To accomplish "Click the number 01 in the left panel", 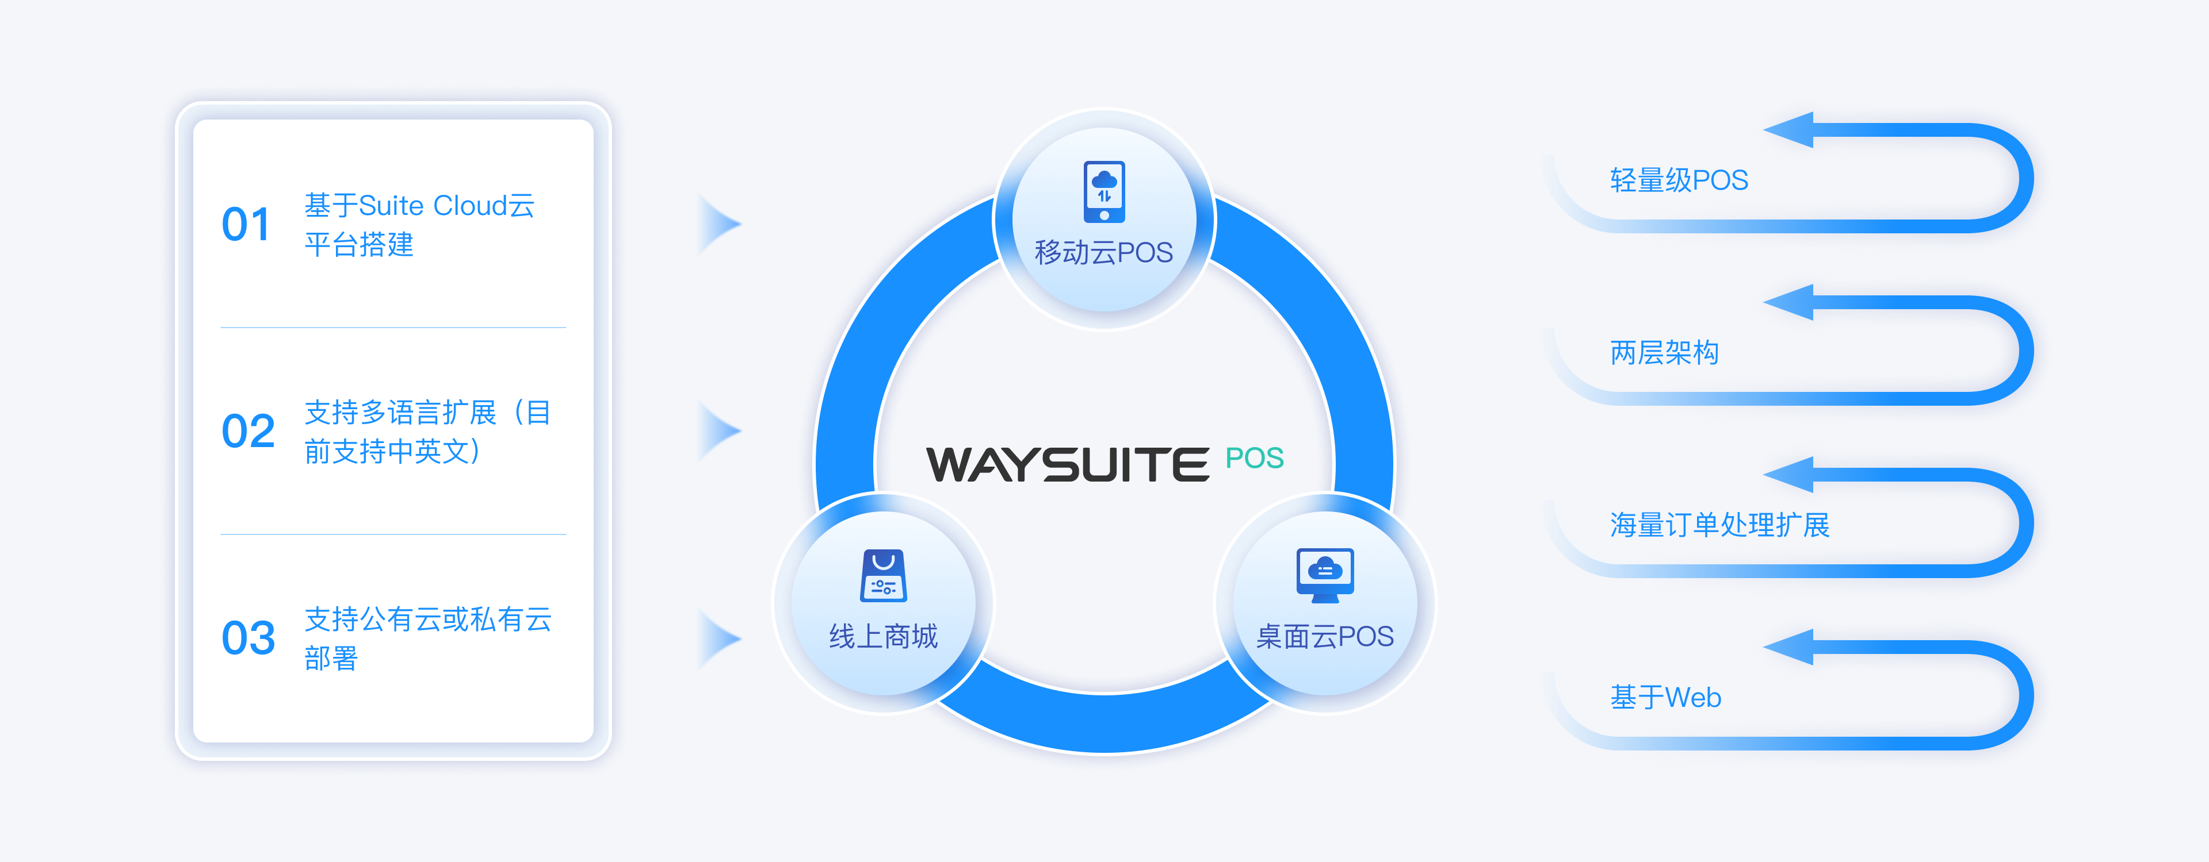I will point(246,225).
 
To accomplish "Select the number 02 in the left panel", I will point(248,431).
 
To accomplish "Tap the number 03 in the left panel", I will point(248,638).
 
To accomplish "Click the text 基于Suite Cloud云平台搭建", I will point(419,225).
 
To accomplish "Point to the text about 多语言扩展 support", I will point(427,431).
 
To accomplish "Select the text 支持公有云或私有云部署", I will point(427,638).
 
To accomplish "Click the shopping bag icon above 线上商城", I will point(883,576).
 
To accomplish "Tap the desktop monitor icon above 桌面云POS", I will point(1325,574).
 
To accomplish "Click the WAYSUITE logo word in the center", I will point(1068,464).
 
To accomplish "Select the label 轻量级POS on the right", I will point(1678,180).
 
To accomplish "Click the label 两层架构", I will point(1664,352).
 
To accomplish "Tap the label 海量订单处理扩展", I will point(1719,525).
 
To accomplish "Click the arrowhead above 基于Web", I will point(1791,647).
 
